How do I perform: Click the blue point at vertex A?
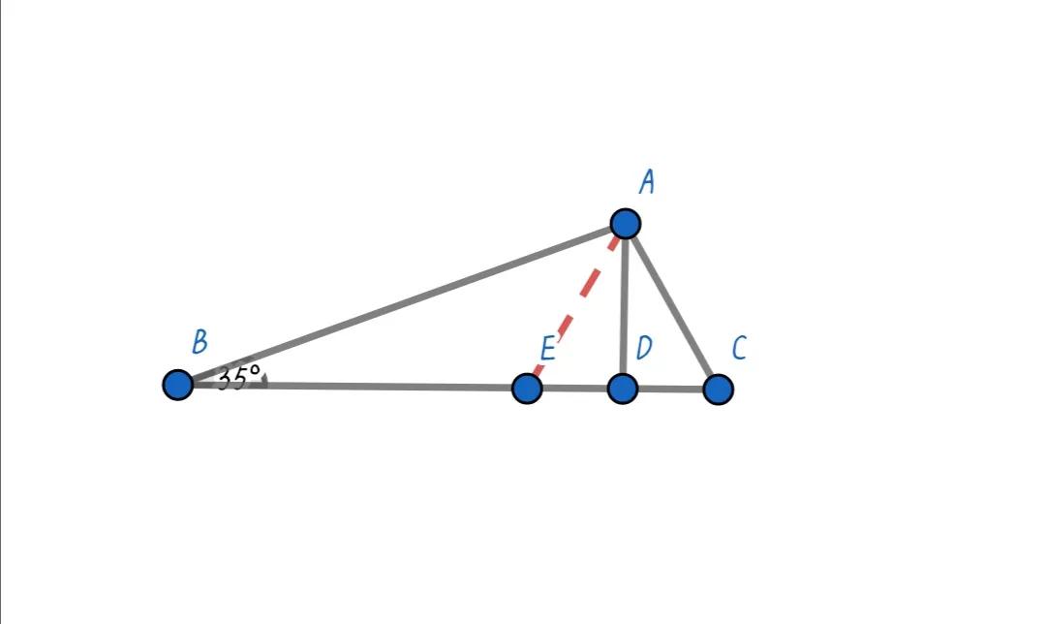pos(626,224)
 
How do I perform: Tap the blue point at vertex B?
pos(178,385)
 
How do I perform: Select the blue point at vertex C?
pos(718,390)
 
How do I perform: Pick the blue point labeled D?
pos(623,389)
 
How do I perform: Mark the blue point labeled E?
pos(526,389)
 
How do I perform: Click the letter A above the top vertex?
pos(647,182)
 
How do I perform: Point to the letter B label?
pos(200,342)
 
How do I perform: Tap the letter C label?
pos(739,349)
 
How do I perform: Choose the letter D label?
pos(644,349)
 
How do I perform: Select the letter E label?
pos(547,349)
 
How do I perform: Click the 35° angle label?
pos(237,376)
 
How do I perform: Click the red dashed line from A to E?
pos(576,306)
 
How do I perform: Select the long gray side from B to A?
pos(402,304)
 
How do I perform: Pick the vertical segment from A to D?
pos(624,305)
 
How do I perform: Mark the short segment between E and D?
pos(574,389)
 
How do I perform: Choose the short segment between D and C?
pos(670,389)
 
